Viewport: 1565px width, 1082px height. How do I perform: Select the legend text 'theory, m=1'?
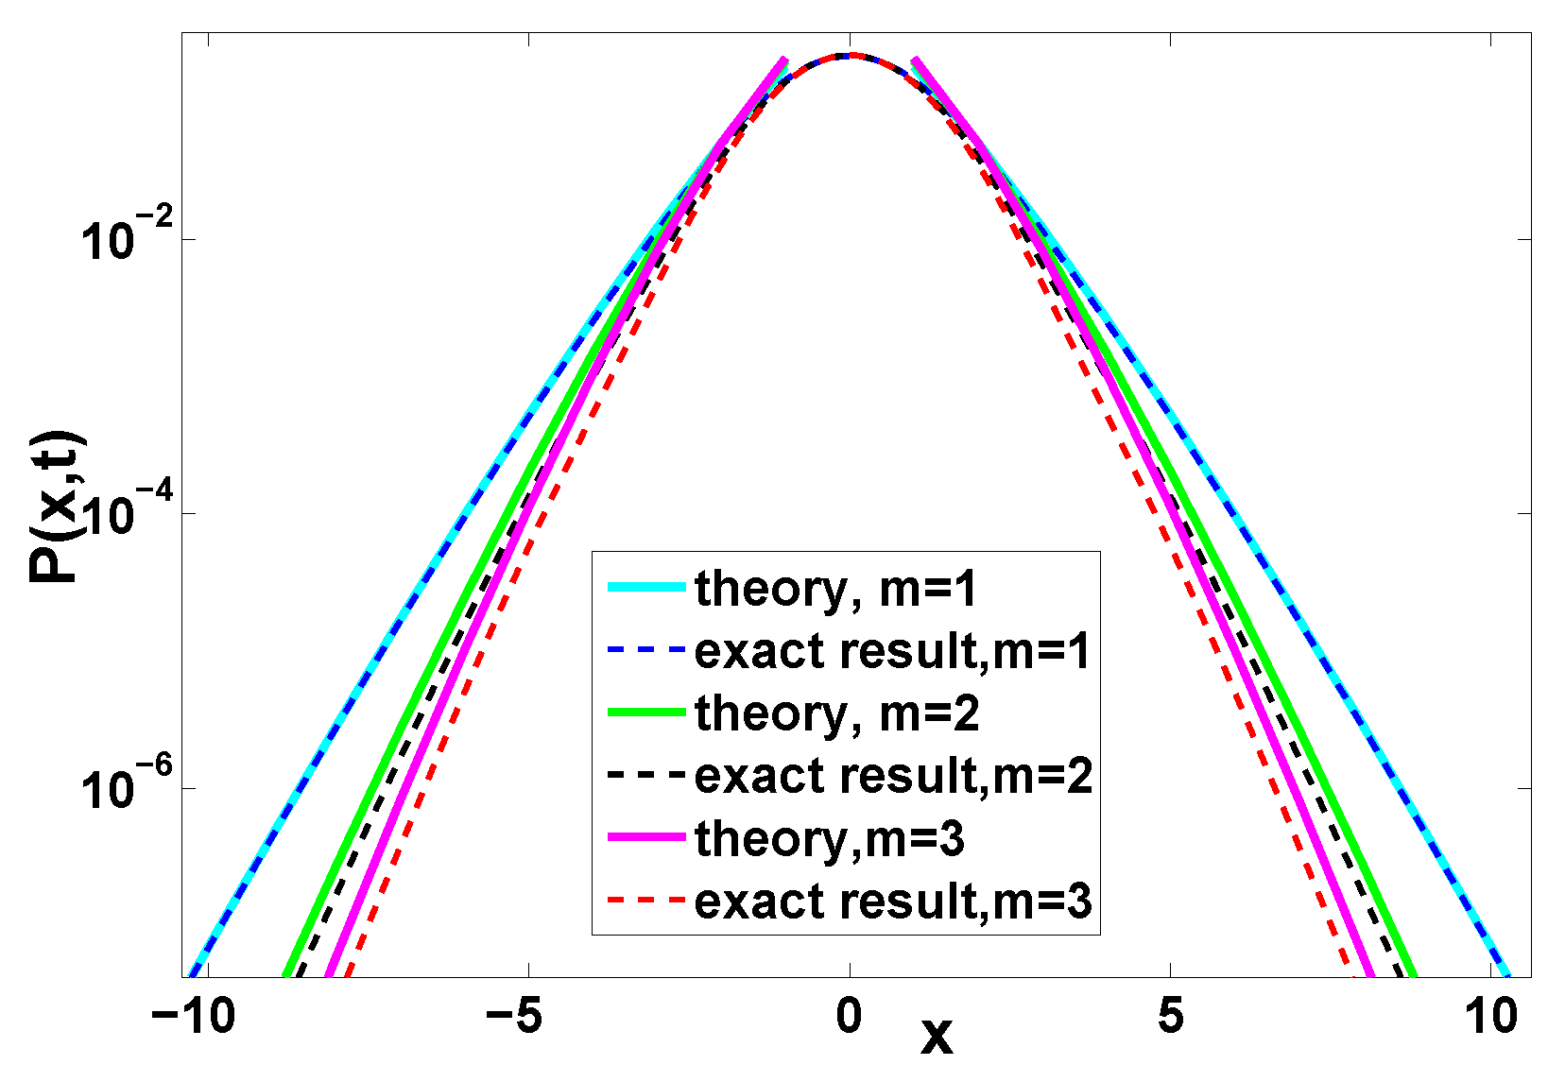click(x=835, y=590)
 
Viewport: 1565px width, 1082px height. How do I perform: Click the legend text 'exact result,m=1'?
click(x=892, y=651)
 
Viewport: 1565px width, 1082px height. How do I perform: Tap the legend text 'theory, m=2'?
click(x=836, y=713)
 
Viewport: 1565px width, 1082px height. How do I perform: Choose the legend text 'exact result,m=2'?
click(x=893, y=776)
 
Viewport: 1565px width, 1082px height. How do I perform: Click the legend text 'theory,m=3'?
click(x=830, y=839)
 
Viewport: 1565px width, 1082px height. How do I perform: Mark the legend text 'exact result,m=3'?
click(x=893, y=902)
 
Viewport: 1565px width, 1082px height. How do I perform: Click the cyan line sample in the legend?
click(x=645, y=588)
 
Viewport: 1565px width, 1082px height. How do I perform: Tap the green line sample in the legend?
click(x=645, y=713)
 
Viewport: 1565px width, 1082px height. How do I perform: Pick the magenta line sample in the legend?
click(x=645, y=837)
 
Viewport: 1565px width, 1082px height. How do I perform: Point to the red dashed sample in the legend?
click(x=645, y=900)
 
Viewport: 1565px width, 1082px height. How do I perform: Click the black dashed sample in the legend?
click(x=645, y=775)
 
